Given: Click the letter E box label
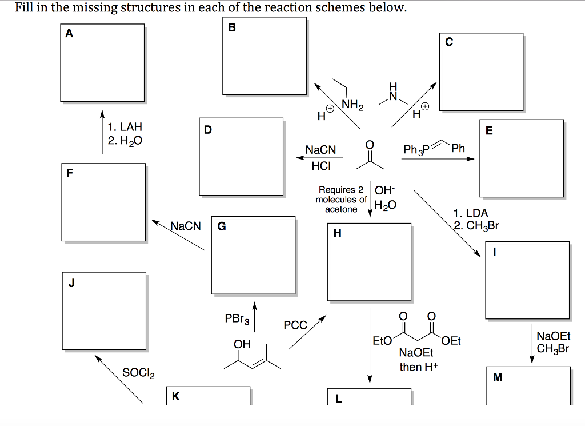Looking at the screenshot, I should tap(489, 131).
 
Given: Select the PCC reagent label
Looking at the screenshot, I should tap(295, 325).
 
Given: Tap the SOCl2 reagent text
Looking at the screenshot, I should tap(138, 373).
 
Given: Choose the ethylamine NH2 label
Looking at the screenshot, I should tap(352, 104).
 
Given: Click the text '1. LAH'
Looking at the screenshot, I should tap(124, 126).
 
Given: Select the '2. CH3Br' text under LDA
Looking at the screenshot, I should tap(476, 225).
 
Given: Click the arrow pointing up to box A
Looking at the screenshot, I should tap(102, 132).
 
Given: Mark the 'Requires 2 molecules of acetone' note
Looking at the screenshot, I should tap(340, 199).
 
